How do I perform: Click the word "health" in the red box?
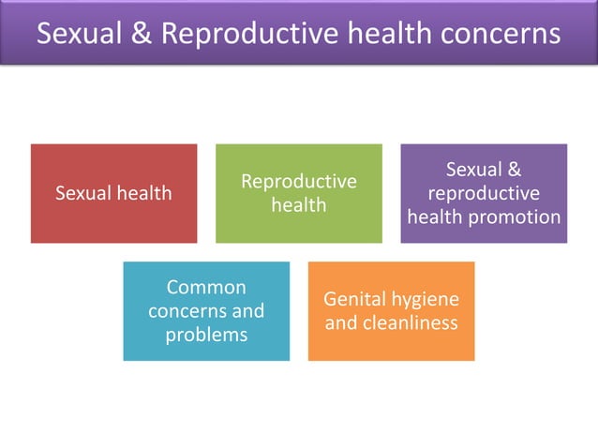click(x=146, y=193)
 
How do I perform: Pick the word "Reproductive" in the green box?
click(x=299, y=181)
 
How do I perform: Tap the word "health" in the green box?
click(x=299, y=204)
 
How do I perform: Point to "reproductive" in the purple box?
click(x=484, y=193)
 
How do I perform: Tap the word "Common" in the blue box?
click(x=206, y=287)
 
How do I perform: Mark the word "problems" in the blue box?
click(x=206, y=335)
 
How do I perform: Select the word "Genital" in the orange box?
click(x=355, y=299)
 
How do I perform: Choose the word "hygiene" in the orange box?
click(x=426, y=299)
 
